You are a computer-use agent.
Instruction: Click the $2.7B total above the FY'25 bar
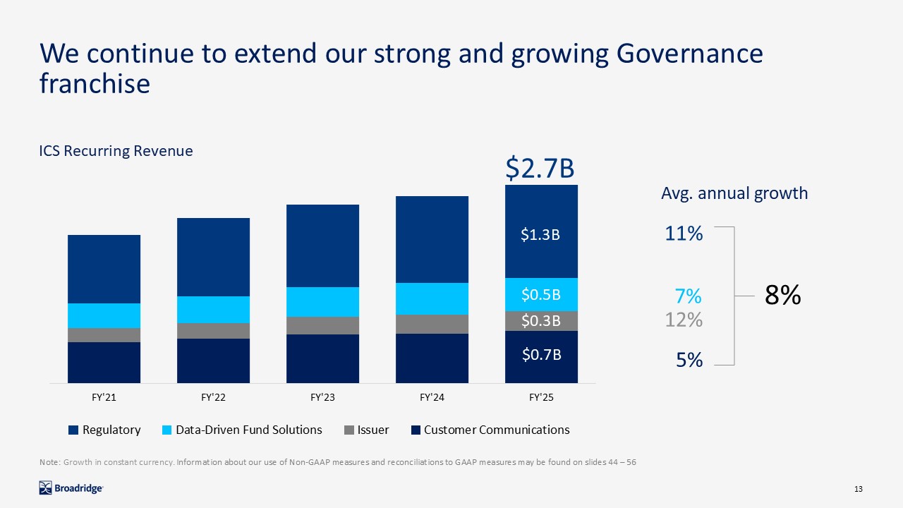coord(540,169)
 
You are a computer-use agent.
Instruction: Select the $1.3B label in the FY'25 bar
coord(540,235)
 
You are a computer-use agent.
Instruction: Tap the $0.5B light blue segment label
coord(540,294)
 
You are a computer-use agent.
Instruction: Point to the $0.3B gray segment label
coord(540,321)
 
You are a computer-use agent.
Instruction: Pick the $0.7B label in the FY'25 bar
coord(540,355)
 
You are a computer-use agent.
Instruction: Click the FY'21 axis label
coord(104,398)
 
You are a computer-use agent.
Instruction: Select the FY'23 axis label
coord(322,398)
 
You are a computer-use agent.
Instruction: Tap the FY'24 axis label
coord(432,398)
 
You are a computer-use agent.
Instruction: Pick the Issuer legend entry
coord(367,430)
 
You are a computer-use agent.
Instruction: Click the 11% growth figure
coord(684,234)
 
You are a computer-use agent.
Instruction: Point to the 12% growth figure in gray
coord(684,320)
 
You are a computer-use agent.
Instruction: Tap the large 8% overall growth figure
coord(783,296)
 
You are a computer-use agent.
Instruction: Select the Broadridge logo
coord(71,488)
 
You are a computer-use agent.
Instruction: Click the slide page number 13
coord(859,490)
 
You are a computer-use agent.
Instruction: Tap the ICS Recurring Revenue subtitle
coord(116,151)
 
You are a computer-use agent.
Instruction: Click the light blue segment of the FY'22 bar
coord(213,310)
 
